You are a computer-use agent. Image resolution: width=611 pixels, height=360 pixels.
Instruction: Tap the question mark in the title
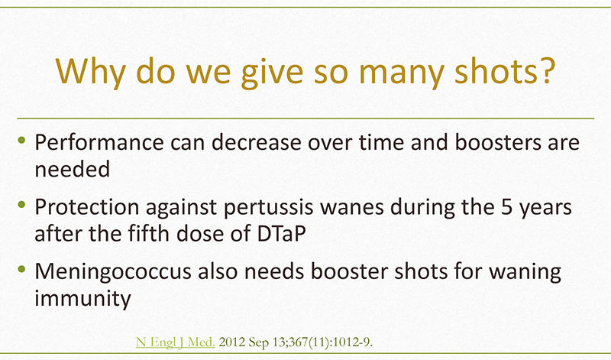click(546, 70)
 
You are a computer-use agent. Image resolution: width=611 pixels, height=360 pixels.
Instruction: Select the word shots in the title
click(495, 70)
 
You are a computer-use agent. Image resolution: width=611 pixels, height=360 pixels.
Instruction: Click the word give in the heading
click(272, 73)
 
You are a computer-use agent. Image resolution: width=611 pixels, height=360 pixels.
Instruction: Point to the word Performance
click(99, 142)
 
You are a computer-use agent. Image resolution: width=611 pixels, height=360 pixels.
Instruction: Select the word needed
click(73, 169)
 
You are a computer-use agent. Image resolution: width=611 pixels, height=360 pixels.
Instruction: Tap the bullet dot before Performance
click(21, 139)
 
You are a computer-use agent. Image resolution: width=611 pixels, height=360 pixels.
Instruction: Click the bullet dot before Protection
click(21, 204)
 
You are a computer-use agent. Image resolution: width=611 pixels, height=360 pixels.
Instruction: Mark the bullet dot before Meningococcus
click(21, 269)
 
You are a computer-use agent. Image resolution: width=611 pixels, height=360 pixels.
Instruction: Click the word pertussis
click(269, 207)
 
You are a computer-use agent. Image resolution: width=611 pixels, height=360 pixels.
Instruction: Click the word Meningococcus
click(113, 272)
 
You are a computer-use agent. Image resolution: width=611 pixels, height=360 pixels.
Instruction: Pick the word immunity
click(83, 299)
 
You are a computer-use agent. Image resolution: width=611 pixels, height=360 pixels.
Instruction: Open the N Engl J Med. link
click(176, 342)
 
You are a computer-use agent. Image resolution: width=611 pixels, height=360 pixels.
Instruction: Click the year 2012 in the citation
click(232, 342)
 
